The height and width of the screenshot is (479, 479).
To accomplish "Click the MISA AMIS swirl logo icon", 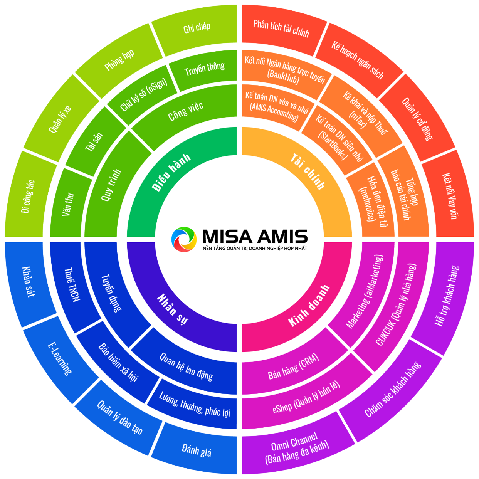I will pos(184,239).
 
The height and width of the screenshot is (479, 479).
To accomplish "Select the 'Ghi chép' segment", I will pos(197,27).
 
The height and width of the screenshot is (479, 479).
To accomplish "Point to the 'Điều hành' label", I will pos(171,172).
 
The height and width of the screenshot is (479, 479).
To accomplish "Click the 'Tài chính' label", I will pos(308,171).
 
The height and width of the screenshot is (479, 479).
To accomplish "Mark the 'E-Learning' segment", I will pos(60,358).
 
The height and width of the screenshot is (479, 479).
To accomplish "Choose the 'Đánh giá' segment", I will pos(197,450).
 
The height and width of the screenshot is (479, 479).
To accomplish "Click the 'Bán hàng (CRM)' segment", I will pos(293,367).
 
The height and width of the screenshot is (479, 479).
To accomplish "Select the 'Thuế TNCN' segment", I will pos(72,284).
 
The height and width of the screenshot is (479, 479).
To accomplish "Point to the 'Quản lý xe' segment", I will pos(60,120).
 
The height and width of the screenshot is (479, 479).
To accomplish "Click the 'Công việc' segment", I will pos(186,111).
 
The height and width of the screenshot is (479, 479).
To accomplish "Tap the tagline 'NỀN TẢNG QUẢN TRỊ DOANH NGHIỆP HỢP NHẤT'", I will pos(255,249).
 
